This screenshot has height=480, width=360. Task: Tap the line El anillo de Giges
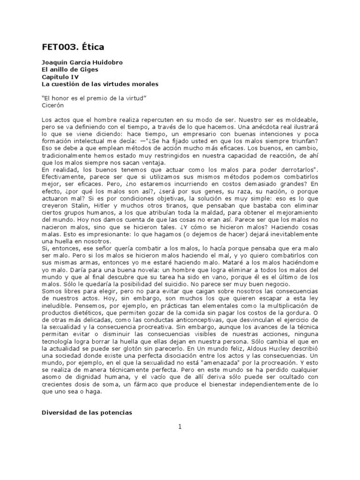click(x=70, y=69)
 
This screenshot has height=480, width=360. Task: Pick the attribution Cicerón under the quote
click(x=52, y=105)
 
